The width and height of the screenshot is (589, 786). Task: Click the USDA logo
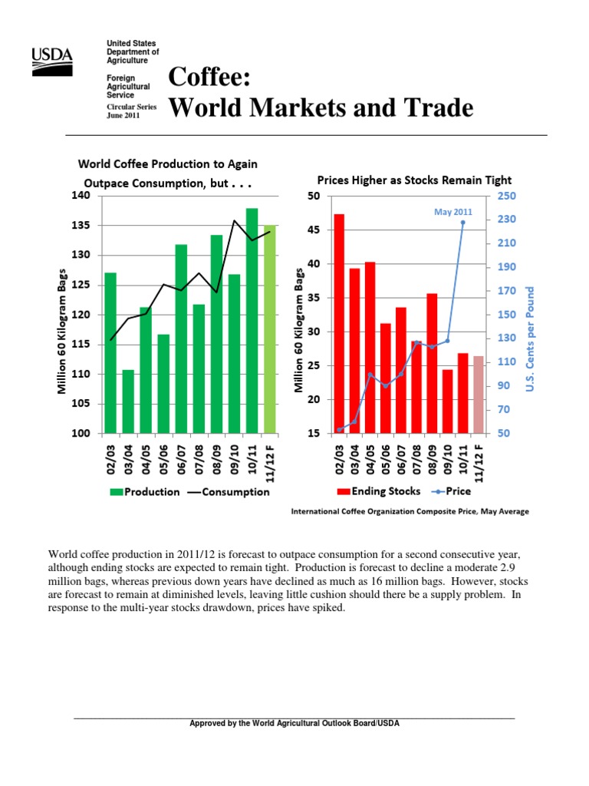coord(51,61)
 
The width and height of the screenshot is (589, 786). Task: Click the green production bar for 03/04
coord(128,401)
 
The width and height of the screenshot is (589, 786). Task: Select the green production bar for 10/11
coord(252,321)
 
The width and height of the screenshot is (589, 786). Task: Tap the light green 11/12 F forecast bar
coord(269,329)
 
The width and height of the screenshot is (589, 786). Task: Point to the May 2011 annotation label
coord(453,211)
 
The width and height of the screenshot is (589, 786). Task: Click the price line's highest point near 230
coord(462,223)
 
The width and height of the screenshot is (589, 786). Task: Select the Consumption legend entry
coord(229,492)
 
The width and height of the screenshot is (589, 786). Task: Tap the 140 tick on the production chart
coord(81,196)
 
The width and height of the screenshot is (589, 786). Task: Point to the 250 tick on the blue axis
coord(506,196)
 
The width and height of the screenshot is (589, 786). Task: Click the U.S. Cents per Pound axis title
coord(529,339)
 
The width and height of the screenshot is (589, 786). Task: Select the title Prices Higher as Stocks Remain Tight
coord(403,180)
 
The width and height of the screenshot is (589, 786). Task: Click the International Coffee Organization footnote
coord(409,511)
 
